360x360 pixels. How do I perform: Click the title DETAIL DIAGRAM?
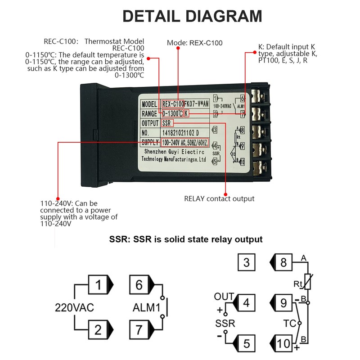coord(193,16)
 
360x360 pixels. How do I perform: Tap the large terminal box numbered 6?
coord(139,284)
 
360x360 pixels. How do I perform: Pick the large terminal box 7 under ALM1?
coord(139,330)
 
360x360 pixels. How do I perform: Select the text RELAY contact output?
coord(219,198)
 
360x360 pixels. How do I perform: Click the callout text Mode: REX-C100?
coord(195,43)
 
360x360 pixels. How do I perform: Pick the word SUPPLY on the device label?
coord(150,143)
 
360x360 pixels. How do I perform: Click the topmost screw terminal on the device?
coord(260,96)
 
